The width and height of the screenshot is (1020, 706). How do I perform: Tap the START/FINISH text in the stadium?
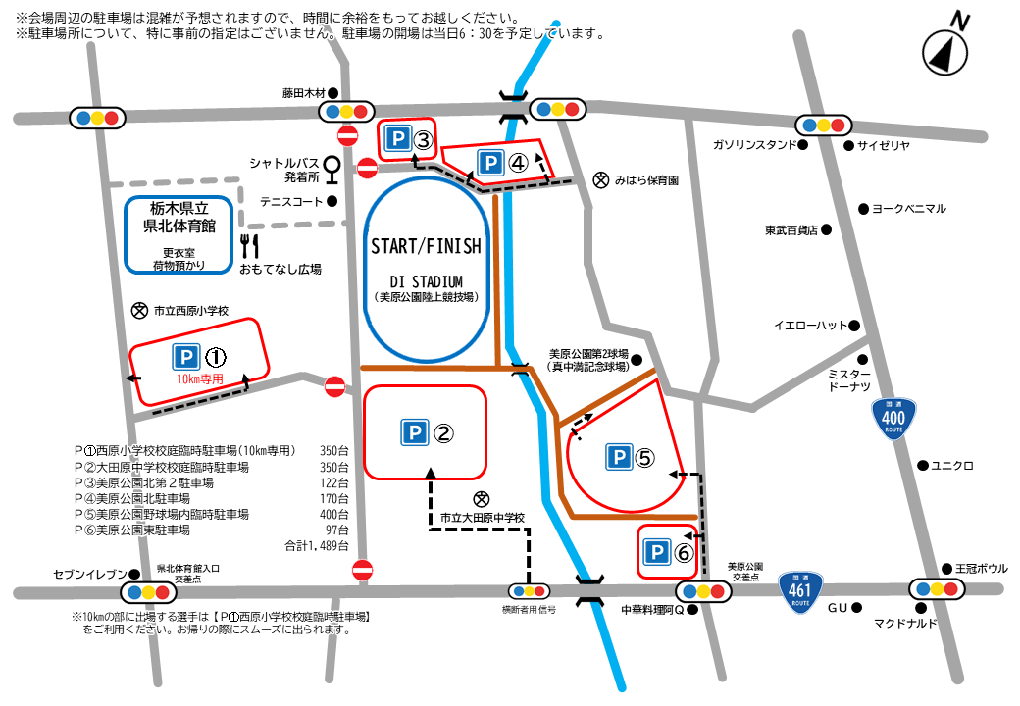[426, 246]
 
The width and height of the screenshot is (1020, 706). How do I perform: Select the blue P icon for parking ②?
[414, 431]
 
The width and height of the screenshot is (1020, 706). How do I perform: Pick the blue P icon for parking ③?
[395, 140]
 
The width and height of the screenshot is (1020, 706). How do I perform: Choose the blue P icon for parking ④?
[490, 163]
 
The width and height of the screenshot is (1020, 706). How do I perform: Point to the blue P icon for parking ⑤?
[618, 457]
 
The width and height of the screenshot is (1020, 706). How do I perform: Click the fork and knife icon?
[249, 245]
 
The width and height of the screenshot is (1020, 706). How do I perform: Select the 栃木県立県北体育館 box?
[179, 236]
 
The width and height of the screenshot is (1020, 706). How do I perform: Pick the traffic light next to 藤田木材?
[348, 111]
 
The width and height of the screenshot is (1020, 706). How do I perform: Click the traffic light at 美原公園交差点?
[704, 591]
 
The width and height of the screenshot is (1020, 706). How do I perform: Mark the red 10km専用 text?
[200, 378]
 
